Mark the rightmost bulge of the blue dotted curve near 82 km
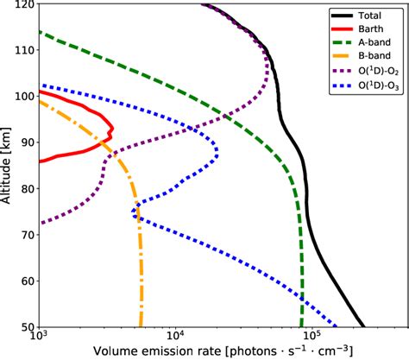[x=217, y=155]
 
